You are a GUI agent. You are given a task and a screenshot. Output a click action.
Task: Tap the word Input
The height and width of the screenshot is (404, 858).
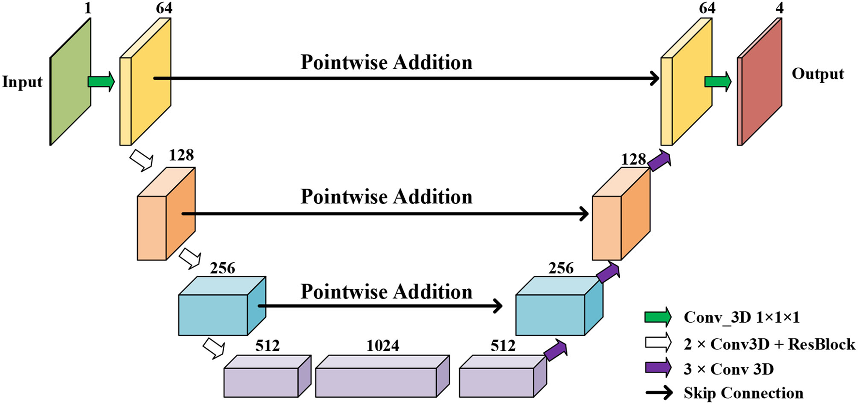pyautogui.click(x=22, y=82)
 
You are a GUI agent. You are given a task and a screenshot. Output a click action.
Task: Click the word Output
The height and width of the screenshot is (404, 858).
pyautogui.click(x=817, y=74)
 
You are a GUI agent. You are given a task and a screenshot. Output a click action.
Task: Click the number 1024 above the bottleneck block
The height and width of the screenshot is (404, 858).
pyautogui.click(x=383, y=346)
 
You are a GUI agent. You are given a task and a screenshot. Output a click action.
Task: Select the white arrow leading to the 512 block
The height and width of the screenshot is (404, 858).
pyautogui.click(x=214, y=348)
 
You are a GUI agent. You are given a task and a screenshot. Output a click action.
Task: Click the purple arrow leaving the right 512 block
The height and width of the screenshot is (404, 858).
pyautogui.click(x=555, y=350)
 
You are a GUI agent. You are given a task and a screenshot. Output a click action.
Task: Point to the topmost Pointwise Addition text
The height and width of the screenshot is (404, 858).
pyautogui.click(x=386, y=63)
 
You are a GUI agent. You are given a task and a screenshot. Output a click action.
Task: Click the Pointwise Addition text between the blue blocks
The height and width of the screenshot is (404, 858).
pyautogui.click(x=386, y=292)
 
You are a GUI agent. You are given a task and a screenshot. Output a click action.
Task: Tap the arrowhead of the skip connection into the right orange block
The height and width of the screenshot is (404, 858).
pyautogui.click(x=584, y=213)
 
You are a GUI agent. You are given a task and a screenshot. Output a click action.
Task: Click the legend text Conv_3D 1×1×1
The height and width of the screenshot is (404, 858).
pyautogui.click(x=741, y=317)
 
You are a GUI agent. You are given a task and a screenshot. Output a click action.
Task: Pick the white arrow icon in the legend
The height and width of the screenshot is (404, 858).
pyautogui.click(x=658, y=343)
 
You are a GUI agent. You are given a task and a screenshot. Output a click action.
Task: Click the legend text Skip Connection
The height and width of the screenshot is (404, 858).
pyautogui.click(x=743, y=393)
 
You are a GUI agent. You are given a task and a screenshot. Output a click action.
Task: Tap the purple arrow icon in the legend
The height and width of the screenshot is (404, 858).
pyautogui.click(x=658, y=368)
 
